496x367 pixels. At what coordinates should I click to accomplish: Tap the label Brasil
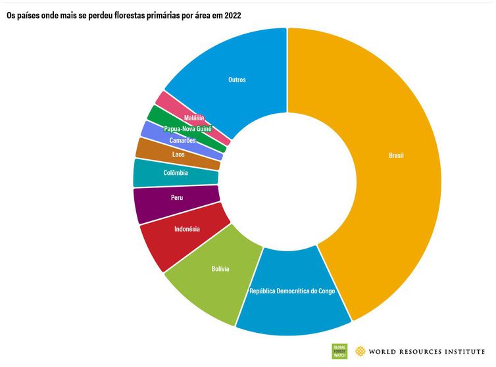coord(396,156)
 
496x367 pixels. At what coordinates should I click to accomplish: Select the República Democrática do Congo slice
coord(293,309)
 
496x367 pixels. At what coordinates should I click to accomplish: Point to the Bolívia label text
coord(220,269)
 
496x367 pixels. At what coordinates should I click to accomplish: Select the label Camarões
coord(183,141)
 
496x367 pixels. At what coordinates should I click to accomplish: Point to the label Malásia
coord(194,118)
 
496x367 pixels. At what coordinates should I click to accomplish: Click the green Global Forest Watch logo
coord(339,351)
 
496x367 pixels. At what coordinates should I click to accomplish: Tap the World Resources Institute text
coord(428,351)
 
